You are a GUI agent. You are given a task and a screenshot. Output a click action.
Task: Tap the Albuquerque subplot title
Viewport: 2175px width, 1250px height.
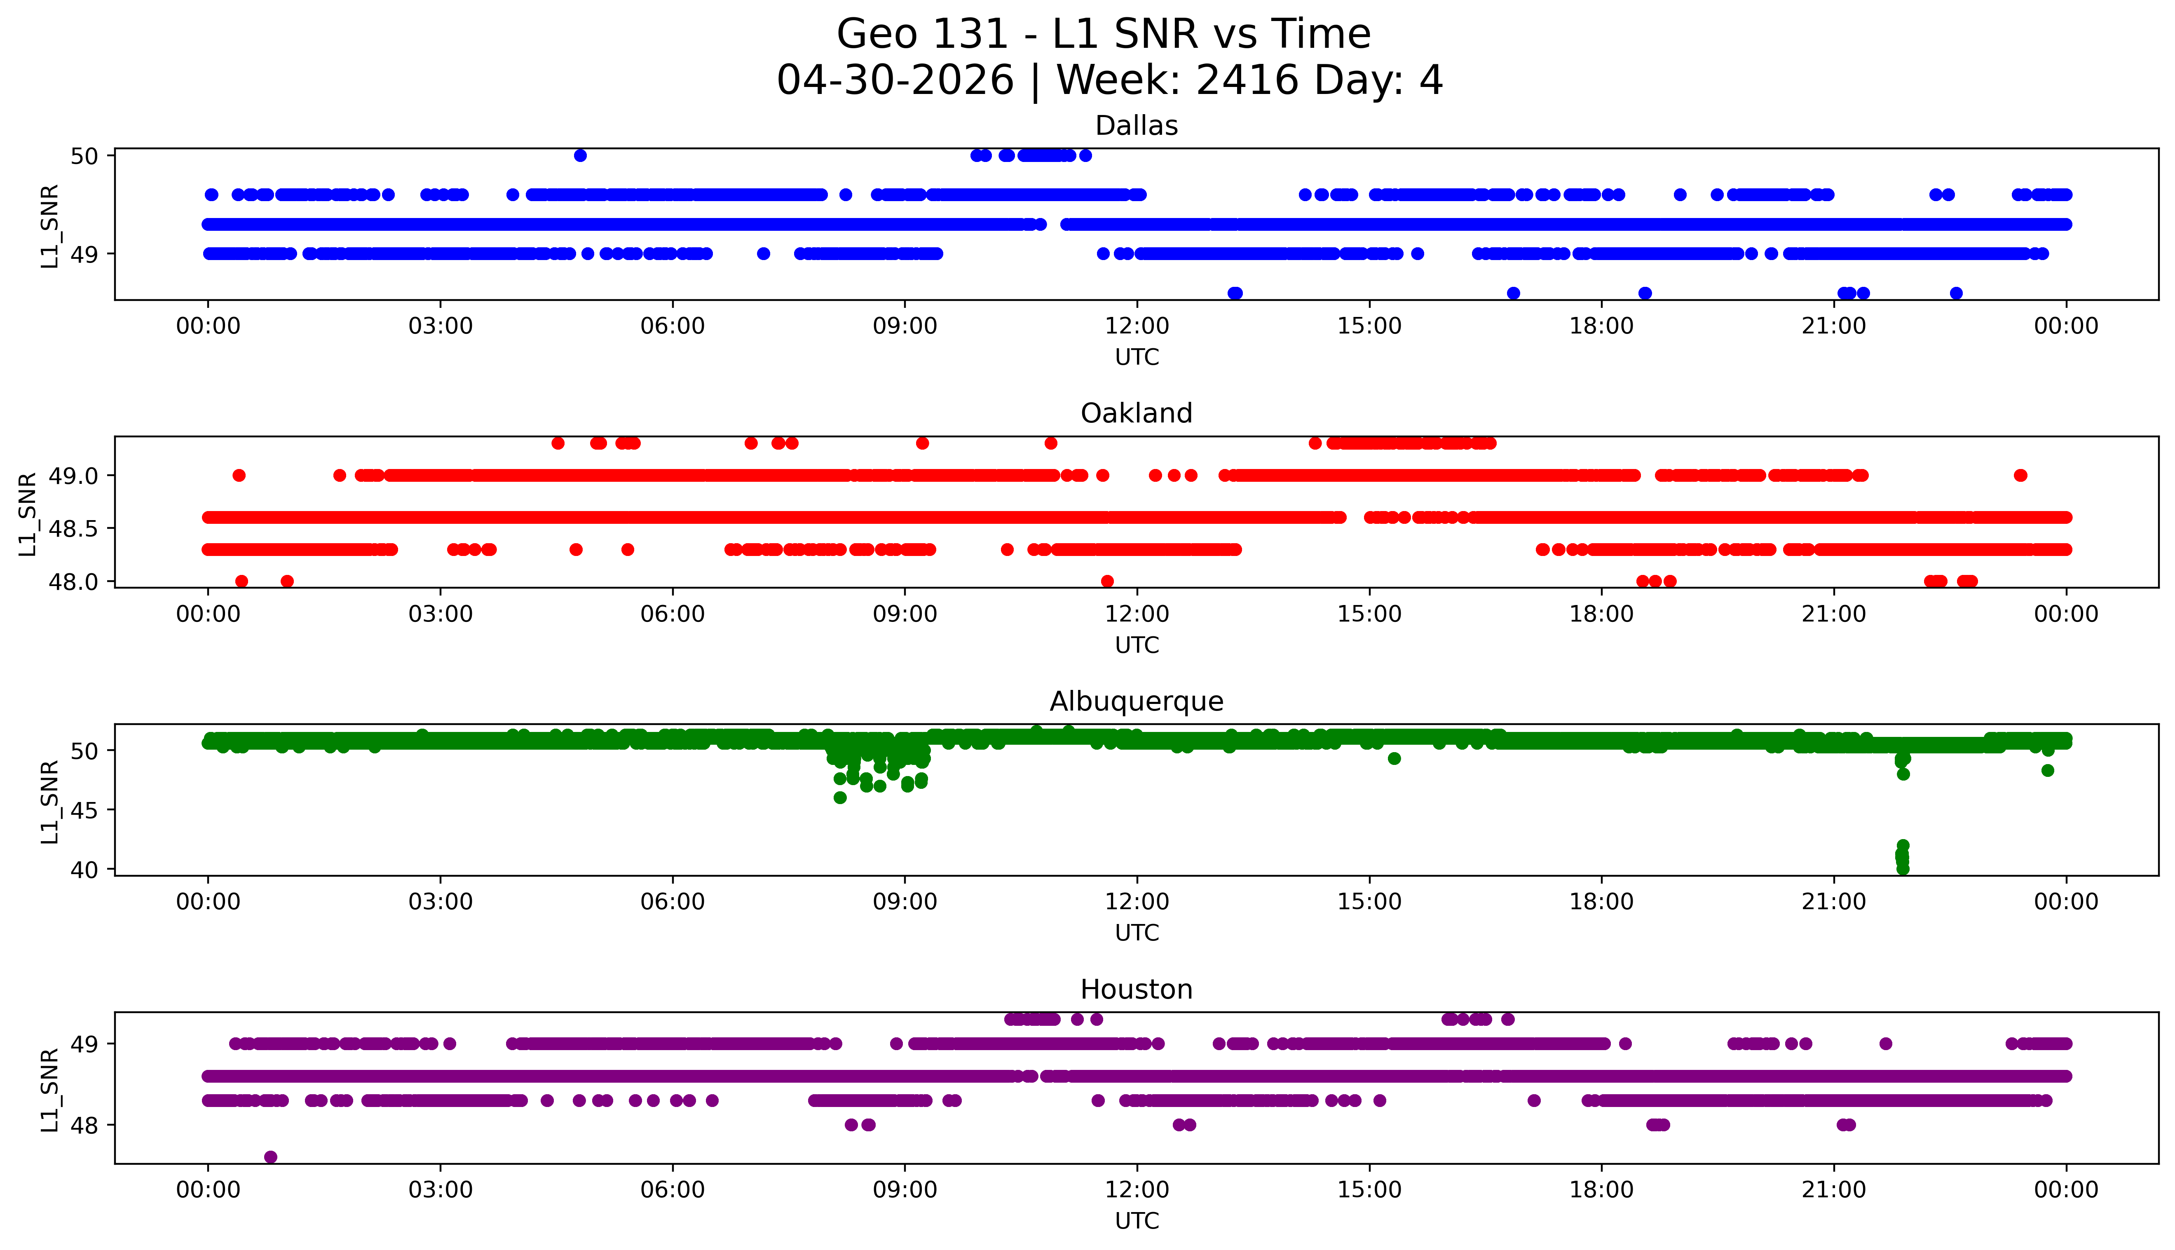[1137, 701]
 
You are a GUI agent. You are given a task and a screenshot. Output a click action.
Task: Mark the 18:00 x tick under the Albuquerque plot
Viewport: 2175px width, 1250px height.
[1602, 901]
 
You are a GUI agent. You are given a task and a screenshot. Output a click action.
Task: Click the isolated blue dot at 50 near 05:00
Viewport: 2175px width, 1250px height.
[580, 155]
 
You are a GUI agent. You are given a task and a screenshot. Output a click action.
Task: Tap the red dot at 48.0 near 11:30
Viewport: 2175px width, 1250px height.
[1107, 581]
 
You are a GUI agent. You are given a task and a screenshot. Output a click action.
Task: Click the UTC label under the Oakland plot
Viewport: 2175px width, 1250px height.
[1137, 645]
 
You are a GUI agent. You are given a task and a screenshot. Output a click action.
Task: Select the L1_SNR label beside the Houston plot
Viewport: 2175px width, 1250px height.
[50, 1088]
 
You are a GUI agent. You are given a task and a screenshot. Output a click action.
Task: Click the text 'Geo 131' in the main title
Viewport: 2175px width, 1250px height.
[922, 34]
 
